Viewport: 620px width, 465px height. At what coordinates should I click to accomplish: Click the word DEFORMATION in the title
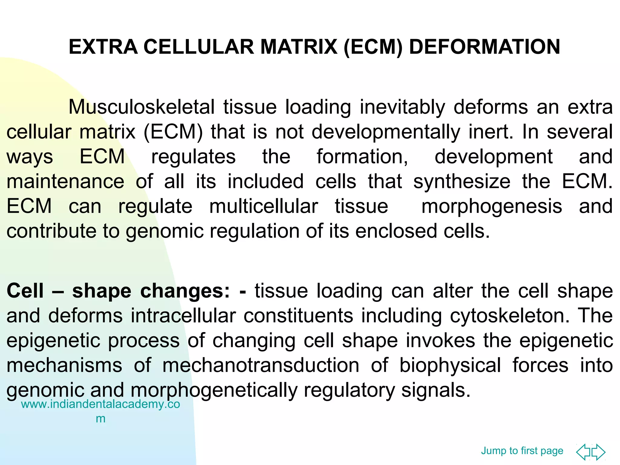tap(484, 47)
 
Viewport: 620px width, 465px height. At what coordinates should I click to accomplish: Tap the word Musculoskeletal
tap(141, 107)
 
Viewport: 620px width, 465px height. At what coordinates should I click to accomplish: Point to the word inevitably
tap(402, 107)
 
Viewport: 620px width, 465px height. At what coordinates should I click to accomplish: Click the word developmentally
tap(386, 132)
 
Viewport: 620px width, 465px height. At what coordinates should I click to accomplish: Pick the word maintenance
tap(65, 181)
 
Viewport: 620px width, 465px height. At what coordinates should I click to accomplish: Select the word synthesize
tap(462, 181)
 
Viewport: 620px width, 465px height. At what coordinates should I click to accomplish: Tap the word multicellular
tap(263, 206)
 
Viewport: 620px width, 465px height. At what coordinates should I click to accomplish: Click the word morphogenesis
tap(492, 206)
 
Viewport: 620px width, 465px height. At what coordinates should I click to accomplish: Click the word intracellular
tap(183, 316)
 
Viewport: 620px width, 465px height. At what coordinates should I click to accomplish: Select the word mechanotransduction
tap(261, 365)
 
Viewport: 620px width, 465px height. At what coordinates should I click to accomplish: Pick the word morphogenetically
tap(214, 390)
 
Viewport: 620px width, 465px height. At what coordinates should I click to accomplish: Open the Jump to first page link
tap(522, 451)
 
